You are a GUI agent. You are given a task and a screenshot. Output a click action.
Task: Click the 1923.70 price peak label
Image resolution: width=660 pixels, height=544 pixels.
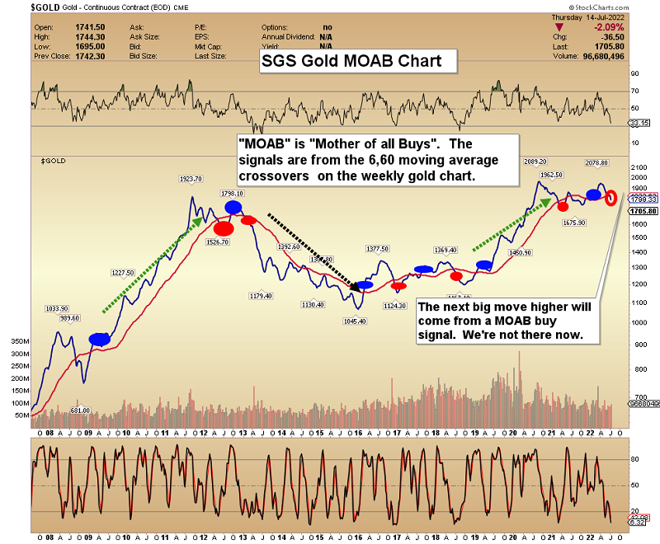(192, 178)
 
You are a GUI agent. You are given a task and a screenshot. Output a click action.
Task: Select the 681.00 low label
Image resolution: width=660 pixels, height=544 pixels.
(79, 410)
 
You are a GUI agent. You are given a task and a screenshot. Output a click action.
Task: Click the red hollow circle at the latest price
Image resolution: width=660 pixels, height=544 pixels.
(611, 198)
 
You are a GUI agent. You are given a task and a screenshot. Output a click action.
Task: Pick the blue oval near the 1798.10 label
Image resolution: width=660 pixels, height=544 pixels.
(233, 208)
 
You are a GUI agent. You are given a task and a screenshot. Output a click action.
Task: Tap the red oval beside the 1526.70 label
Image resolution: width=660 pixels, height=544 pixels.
(224, 228)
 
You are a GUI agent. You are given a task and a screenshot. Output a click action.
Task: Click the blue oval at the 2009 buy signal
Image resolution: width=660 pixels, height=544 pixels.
(100, 339)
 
